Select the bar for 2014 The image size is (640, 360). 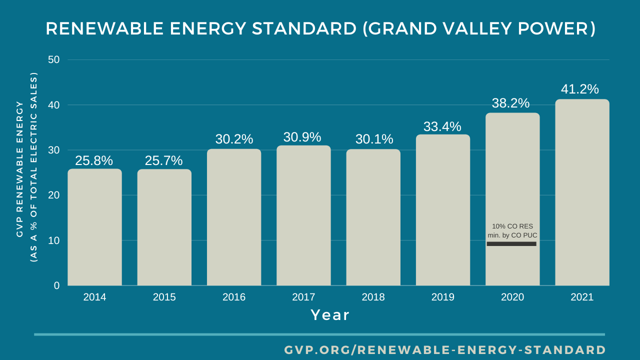pos(94,227)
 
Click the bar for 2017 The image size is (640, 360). pos(303,215)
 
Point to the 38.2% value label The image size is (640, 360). pos(510,103)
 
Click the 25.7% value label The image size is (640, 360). pos(163,161)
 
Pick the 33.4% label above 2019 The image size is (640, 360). pos(442,127)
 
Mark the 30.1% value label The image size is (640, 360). pos(374,139)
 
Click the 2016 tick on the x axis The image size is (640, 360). pos(234,297)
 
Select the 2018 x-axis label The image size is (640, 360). pos(373,297)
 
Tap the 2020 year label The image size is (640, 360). pos(512,297)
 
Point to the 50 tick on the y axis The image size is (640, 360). pos(53,59)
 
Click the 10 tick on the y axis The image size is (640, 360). pos(53,240)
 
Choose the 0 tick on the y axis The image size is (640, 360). pos(56,285)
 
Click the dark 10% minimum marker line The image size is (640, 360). pos(511,244)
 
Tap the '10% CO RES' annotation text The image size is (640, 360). pos(512,226)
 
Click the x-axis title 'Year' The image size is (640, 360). pos(330,315)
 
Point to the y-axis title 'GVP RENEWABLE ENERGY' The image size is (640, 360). pos(20,168)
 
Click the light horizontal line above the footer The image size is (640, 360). pos(319,334)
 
